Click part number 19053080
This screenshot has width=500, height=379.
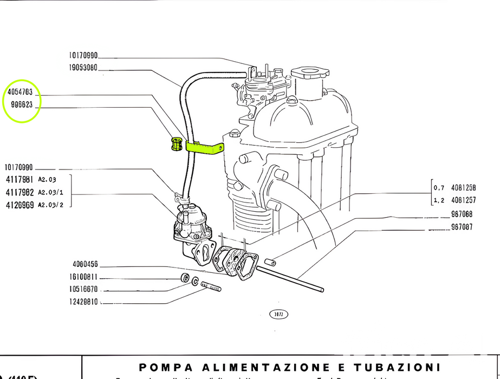point(83,68)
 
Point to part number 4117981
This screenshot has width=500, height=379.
point(20,179)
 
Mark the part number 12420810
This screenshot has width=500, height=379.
point(83,302)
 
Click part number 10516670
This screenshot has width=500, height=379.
point(83,289)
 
